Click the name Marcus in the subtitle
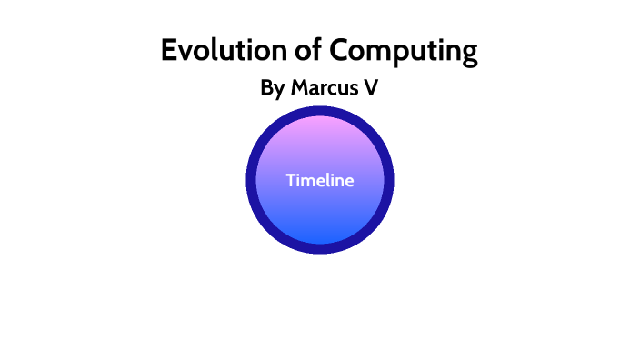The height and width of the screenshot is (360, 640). click(325, 88)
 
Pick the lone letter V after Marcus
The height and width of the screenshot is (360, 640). click(370, 88)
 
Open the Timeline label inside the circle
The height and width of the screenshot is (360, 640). click(320, 180)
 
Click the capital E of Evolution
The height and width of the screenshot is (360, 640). click(169, 50)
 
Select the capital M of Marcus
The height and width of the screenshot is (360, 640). click(301, 88)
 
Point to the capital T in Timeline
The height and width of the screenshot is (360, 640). click(291, 180)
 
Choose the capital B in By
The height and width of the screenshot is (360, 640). click(267, 88)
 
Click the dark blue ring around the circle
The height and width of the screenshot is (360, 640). click(251, 180)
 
